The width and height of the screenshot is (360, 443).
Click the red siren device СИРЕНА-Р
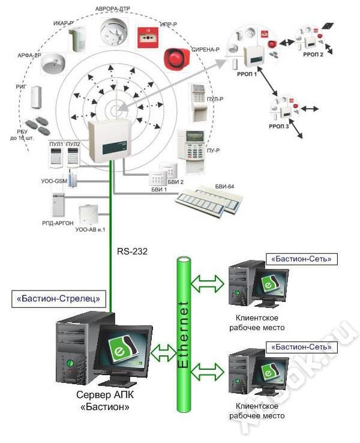click(176, 59)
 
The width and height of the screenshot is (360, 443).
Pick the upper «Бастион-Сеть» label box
click(301, 259)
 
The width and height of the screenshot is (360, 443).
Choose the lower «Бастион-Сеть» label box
click(301, 347)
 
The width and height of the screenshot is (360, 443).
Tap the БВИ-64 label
click(224, 187)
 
